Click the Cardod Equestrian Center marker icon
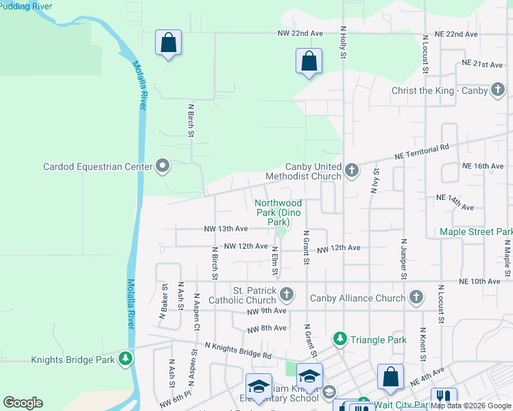tap(163, 166)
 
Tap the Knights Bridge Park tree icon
tap(125, 358)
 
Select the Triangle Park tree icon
tap(339, 339)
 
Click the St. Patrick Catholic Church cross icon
tap(287, 295)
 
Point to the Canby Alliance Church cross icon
tap(416, 297)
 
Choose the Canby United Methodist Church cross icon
tap(352, 170)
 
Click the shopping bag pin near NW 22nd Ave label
tap(168, 43)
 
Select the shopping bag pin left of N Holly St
tap(309, 61)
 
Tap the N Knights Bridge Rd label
tap(237, 351)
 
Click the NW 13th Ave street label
tap(226, 229)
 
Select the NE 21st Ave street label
tap(483, 64)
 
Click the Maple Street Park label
tap(476, 232)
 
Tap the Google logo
tap(23, 403)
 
